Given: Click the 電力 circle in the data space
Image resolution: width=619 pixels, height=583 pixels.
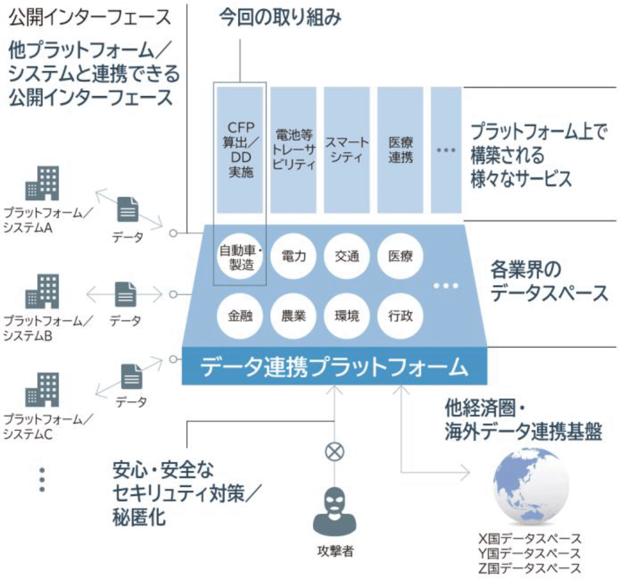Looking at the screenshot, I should pos(292,257).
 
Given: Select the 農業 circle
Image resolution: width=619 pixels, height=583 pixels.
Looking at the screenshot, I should pos(292,316).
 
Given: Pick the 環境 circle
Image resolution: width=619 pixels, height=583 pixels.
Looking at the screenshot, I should pos(345,316).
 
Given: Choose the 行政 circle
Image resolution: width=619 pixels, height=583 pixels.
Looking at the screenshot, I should pos(400,316).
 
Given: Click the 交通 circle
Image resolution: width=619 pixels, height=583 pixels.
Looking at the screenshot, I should pos(345,257).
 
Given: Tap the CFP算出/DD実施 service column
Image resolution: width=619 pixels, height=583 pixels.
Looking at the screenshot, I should pos(239,150).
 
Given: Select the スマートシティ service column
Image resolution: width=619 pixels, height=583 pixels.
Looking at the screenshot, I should pos(346,150).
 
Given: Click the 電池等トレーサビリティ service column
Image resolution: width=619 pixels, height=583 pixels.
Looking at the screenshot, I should pos(292,150).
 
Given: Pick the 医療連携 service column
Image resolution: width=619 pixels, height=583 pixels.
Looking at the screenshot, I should pos(400,150).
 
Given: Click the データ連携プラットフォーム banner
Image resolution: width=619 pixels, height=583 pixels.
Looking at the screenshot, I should pos(334,367).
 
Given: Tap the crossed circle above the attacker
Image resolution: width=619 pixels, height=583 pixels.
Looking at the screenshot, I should pos(334,452).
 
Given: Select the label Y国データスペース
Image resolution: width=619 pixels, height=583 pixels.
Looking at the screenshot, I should pos(530,554).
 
